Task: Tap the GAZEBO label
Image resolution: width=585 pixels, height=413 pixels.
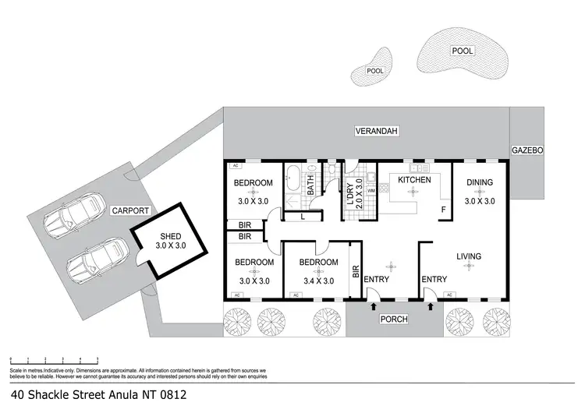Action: coord(527,150)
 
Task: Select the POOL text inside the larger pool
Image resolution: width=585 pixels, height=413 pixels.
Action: coord(463,51)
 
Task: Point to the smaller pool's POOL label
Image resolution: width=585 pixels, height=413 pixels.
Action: coord(376,71)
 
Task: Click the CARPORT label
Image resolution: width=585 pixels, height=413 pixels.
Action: coord(129,210)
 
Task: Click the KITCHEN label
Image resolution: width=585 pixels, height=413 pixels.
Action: coord(414,180)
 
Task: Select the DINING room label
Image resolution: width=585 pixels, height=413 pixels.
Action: coord(480,183)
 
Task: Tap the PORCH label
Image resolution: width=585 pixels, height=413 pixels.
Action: coord(395,319)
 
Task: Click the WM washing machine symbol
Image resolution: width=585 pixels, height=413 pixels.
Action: coord(371,190)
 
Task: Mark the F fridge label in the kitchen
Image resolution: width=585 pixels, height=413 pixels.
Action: coord(444,210)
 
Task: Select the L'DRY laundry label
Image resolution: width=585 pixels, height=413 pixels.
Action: coord(348,191)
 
